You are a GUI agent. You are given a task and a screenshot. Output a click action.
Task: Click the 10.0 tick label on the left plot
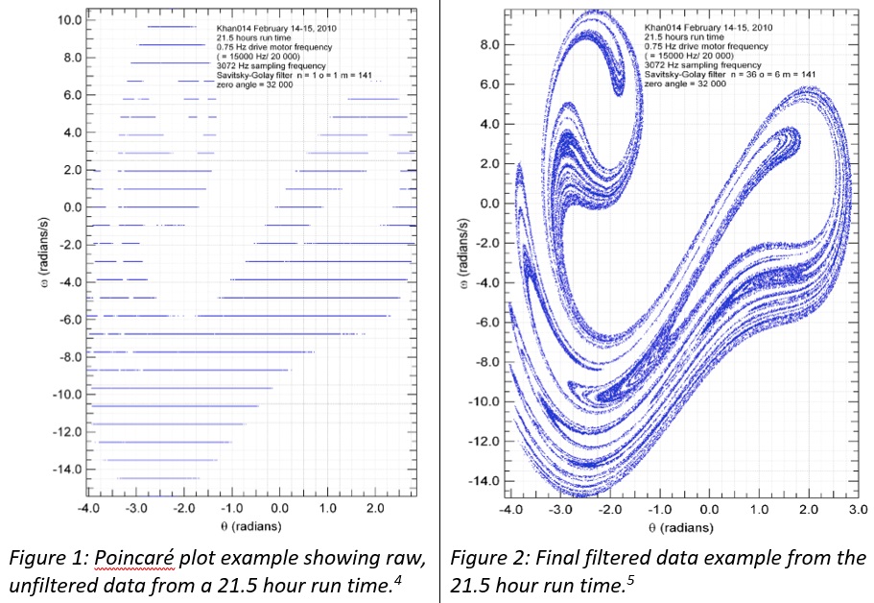coord(68,20)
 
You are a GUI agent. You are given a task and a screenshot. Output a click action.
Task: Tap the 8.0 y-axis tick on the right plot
coord(491,45)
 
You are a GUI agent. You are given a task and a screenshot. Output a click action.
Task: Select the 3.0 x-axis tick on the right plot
coord(859,509)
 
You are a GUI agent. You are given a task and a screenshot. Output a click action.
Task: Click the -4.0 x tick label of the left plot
coord(89,508)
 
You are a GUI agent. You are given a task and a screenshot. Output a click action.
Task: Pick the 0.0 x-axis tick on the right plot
coord(709,509)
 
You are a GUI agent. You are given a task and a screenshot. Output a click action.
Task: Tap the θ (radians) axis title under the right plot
coord(682,527)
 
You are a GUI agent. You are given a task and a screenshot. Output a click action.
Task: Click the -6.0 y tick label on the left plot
coord(68,320)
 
